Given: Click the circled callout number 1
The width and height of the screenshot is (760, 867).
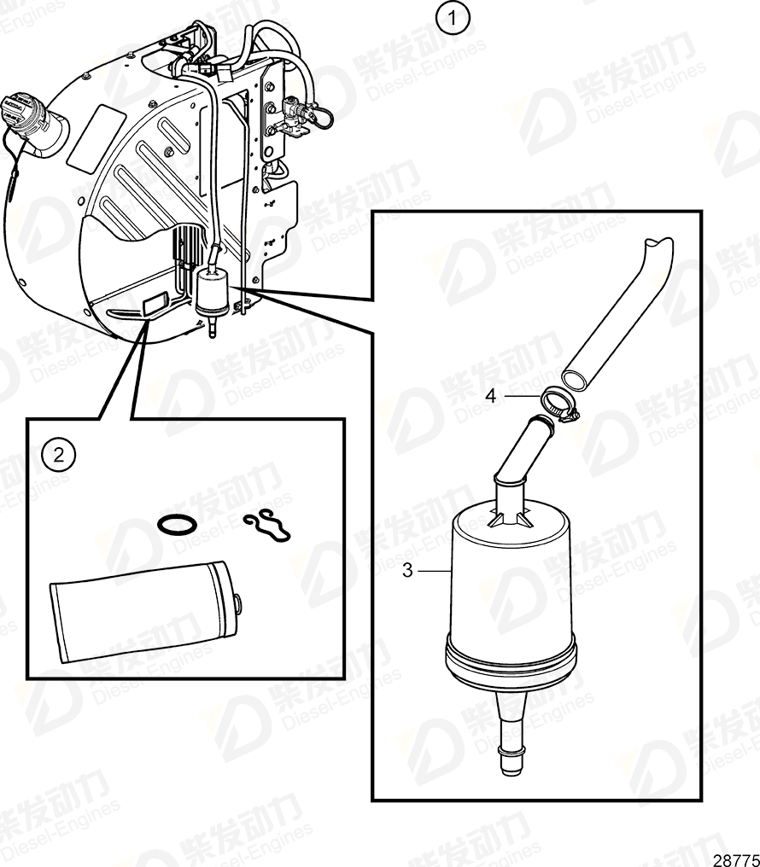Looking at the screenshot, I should click(453, 18).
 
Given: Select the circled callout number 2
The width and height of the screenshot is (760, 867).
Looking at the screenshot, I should click(59, 454).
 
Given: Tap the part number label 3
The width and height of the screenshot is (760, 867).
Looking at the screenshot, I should click(407, 570).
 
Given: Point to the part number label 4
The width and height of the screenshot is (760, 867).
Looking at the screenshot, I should click(491, 396).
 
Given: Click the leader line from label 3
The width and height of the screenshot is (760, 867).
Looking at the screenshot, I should click(431, 570).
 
